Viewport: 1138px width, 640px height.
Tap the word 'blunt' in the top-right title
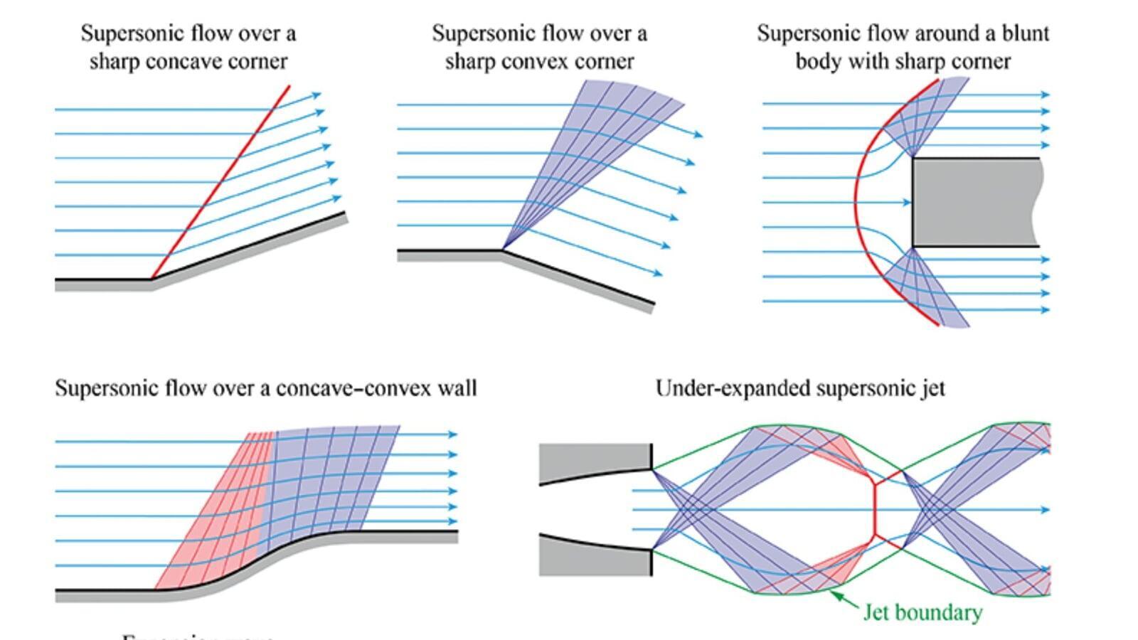tap(1026, 33)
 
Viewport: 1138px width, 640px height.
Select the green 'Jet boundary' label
tap(922, 612)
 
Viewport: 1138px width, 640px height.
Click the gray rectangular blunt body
tap(974, 203)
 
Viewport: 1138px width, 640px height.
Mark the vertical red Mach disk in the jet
tap(874, 509)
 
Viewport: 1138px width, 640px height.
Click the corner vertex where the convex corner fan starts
tap(501, 250)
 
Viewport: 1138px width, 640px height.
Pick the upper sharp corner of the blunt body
tap(913, 158)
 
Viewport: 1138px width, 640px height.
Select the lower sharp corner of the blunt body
tap(913, 247)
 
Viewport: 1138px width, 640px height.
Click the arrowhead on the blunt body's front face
tap(907, 203)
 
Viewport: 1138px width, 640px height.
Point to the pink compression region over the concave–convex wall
tap(213, 526)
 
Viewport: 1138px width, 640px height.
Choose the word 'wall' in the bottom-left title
tap(459, 388)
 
